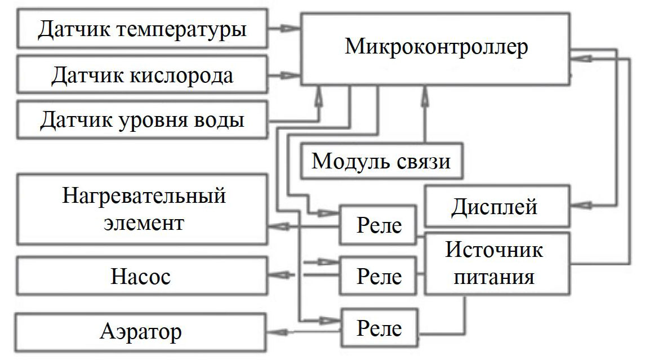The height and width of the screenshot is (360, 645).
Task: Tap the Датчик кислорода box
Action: (x=143, y=75)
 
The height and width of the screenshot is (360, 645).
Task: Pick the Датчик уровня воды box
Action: (x=143, y=119)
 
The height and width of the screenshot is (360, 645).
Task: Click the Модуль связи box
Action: (x=381, y=161)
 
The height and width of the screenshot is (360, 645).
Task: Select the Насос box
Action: (x=143, y=277)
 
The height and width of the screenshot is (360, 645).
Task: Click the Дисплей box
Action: (x=495, y=207)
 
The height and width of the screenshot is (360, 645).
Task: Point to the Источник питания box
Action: (x=495, y=263)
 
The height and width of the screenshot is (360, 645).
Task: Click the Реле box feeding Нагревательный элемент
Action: (x=379, y=225)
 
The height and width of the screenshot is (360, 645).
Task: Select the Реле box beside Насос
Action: (x=379, y=275)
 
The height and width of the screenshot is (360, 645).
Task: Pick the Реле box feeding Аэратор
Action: (x=379, y=328)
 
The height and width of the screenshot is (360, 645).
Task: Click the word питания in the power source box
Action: (x=495, y=277)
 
